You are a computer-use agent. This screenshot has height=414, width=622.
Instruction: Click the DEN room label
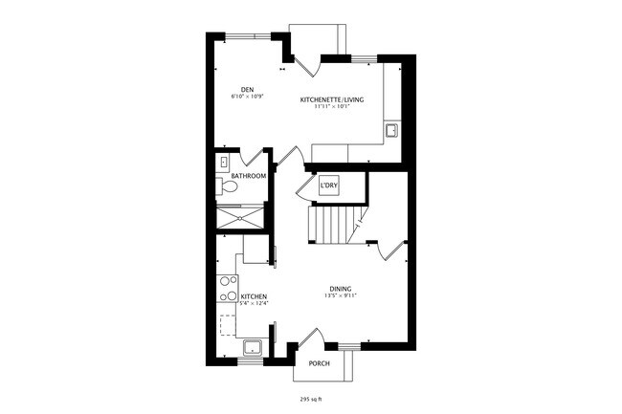246,90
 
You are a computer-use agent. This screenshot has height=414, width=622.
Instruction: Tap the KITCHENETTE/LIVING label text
332,99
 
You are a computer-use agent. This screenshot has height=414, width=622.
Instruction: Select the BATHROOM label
248,176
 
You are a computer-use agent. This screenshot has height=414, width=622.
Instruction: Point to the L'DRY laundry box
329,185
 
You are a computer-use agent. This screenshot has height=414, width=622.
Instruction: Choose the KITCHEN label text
254,297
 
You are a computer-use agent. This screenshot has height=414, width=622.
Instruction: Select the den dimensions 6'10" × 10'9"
246,98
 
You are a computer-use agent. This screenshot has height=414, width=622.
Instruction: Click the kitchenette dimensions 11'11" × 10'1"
332,106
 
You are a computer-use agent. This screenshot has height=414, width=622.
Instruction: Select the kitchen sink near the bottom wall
253,347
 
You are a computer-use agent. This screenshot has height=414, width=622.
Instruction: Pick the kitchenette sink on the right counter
391,129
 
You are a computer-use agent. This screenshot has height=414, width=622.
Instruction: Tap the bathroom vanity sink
223,163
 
